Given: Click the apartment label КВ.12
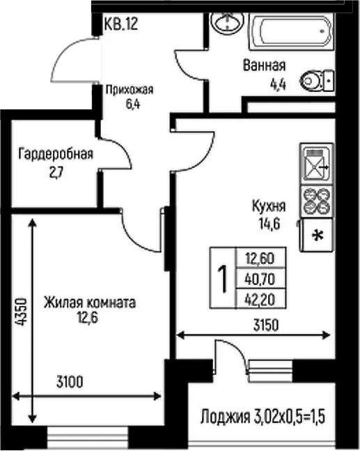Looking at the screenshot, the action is tap(121, 24).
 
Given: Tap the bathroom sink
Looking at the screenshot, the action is tap(227, 23).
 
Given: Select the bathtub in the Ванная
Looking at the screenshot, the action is tap(291, 31).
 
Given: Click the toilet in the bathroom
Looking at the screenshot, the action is tap(317, 80).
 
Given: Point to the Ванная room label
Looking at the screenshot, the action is tap(265, 66).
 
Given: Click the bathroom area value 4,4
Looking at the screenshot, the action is tap(278, 84).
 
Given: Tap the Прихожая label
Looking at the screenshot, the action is tap(130, 90).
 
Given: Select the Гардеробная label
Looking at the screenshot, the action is tap(56, 154).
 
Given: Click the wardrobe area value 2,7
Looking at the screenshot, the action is tap(56, 173).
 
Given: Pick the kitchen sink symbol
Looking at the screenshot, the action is tap(317, 164).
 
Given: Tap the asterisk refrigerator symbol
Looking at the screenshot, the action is tap(318, 235).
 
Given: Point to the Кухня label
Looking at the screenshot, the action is tap(269, 206).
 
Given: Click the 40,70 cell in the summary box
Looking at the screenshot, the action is tap(260, 279).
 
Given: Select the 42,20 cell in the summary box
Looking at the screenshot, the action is tap(260, 299).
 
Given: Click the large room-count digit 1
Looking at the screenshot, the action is tap(223, 278).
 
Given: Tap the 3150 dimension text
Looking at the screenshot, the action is tap(266, 326).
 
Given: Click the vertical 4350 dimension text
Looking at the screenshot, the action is tap(22, 312).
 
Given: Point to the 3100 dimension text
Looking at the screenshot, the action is tap(70, 382).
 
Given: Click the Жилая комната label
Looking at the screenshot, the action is tap(90, 303).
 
